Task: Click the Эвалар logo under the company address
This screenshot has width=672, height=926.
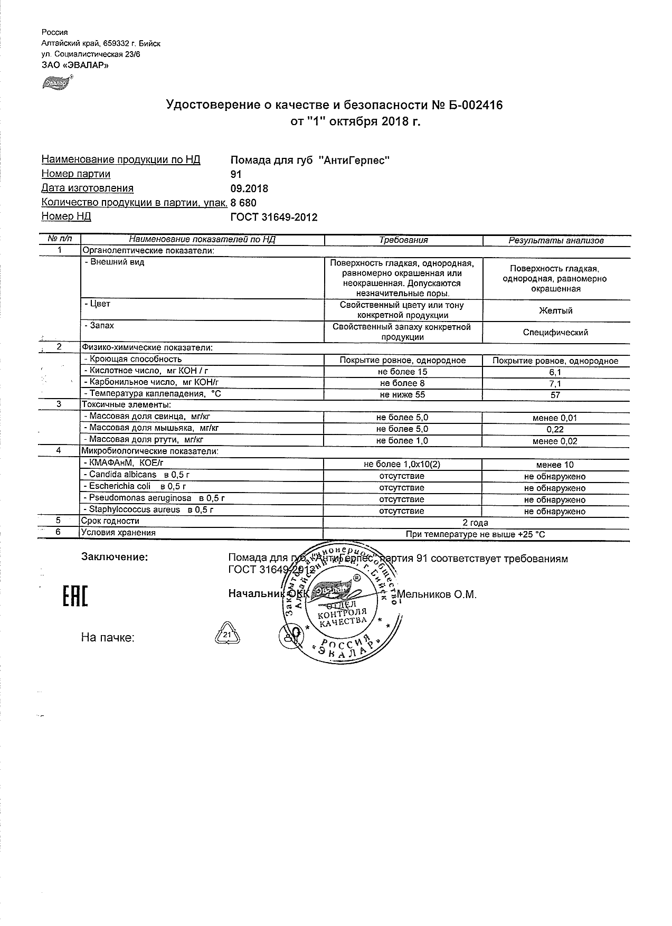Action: click(x=56, y=82)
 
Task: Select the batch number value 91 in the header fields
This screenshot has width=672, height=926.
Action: click(x=236, y=174)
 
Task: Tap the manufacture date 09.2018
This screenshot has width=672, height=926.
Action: click(x=249, y=188)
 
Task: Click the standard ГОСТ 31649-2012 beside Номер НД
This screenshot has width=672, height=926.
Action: click(x=274, y=217)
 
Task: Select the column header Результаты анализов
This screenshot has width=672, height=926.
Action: click(x=555, y=241)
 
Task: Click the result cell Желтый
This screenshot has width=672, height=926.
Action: click(x=555, y=311)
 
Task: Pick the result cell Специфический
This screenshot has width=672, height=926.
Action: click(x=555, y=333)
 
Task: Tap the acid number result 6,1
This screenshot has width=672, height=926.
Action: click(x=555, y=373)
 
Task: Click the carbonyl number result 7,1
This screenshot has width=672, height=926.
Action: click(x=555, y=384)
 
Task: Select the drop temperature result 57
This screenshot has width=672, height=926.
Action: click(x=555, y=395)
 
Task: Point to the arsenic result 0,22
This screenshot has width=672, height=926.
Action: click(x=555, y=430)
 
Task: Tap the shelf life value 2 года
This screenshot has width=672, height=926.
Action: click(x=475, y=523)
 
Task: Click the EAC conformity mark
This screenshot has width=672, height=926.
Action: click(x=75, y=596)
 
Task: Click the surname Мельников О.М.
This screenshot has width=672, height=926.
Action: click(x=437, y=595)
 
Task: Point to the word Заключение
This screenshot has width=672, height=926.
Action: click(x=115, y=557)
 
